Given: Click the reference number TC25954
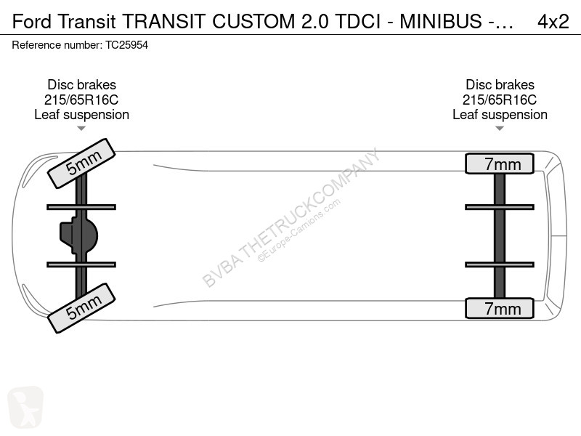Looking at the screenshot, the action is tap(126, 45).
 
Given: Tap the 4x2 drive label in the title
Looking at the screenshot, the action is tap(553, 22).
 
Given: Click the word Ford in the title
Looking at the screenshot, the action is tap(32, 22).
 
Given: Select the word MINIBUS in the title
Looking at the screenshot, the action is tap(441, 22).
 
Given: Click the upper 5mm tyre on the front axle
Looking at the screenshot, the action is tap(81, 163).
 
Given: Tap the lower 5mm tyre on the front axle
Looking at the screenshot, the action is tap(81, 307).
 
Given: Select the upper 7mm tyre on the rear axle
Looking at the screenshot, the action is tap(500, 163).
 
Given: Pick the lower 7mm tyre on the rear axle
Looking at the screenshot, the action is tap(500, 308).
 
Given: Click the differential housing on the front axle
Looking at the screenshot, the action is tap(78, 235).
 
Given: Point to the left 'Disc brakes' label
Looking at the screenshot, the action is tap(81, 84).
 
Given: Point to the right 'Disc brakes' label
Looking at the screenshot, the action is tap(500, 84).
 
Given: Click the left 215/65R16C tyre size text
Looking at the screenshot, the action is tap(81, 100).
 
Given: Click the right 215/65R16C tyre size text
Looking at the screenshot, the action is tap(500, 100).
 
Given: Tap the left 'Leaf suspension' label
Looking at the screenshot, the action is tap(81, 115).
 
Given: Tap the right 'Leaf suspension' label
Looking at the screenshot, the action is tap(500, 115).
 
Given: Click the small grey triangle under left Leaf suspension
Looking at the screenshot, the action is tap(81, 129).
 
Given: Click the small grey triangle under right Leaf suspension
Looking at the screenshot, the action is tap(500, 129).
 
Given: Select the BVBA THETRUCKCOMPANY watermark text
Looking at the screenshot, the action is tap(291, 217).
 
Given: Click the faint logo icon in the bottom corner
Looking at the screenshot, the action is tap(25, 407).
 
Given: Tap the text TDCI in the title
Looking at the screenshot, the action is tap(357, 22).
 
